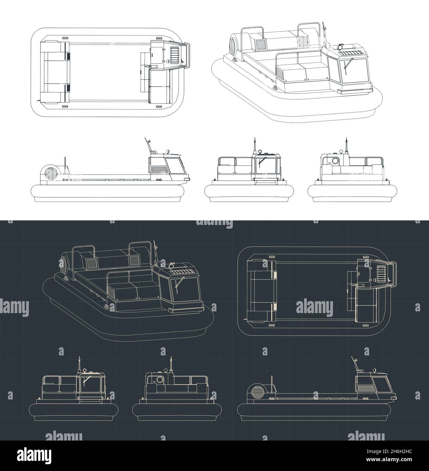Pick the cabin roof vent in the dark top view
[x=381, y=272]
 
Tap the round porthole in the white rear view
[x=335, y=161]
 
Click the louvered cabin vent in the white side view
[x=157, y=169]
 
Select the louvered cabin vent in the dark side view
[x=364, y=386]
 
